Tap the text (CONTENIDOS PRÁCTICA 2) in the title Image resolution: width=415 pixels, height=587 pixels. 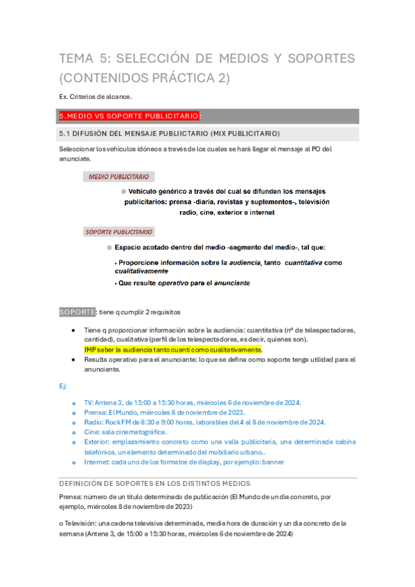click(x=145, y=78)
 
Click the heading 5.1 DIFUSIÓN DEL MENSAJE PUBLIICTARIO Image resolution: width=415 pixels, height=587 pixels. click(x=170, y=133)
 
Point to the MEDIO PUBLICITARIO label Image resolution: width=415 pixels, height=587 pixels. click(x=121, y=177)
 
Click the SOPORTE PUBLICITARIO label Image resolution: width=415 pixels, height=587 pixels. click(x=119, y=232)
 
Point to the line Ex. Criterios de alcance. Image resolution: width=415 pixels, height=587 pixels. click(x=96, y=96)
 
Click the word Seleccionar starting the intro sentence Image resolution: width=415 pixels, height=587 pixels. click(x=77, y=149)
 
